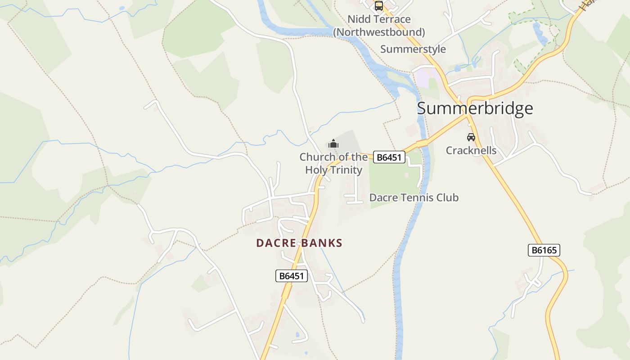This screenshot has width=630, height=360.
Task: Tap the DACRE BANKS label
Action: pos(299,243)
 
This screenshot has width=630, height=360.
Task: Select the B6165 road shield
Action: pos(544,250)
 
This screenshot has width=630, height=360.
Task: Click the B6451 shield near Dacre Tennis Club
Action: pos(389,157)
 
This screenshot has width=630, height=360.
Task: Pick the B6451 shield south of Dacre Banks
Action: pos(291,276)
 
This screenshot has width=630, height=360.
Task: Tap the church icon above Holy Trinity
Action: pos(333,144)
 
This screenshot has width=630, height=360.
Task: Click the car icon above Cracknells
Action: pos(471,137)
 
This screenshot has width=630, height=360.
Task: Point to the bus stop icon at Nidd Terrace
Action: pos(379,6)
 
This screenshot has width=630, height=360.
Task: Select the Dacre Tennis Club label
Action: pos(414,198)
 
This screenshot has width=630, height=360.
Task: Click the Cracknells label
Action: pos(471,150)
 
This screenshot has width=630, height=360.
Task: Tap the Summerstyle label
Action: pos(413,49)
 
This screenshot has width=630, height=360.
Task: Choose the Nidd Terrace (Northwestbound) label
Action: pos(379,26)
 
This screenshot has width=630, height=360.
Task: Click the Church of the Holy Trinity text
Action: pos(333,163)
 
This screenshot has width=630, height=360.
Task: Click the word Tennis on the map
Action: pos(414,198)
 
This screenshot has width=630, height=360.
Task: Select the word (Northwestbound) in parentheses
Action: pos(379,32)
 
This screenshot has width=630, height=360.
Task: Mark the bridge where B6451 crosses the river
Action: pos(422,144)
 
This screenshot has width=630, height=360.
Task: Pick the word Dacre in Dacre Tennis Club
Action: pos(381,198)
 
